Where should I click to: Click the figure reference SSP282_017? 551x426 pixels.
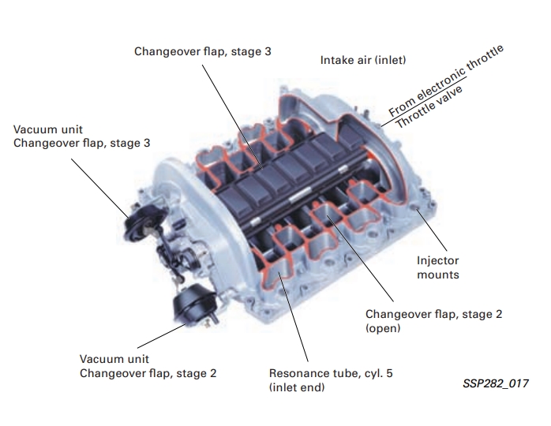coord(496,383)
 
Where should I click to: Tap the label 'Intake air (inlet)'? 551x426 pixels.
coord(363,60)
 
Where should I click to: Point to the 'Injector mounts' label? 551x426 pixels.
coord(438,267)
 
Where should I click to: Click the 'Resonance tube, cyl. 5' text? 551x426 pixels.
coord(331,373)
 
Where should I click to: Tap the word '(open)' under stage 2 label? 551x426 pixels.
coord(383,328)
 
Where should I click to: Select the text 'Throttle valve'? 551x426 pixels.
coord(429,107)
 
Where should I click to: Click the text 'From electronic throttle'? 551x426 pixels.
coord(445,80)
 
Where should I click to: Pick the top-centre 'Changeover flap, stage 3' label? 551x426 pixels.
coord(203,51)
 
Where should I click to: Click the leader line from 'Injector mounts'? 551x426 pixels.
coord(432,230)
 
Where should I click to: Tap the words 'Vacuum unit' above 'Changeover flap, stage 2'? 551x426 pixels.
coord(114,359)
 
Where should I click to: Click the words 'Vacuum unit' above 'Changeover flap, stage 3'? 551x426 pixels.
coord(48,129)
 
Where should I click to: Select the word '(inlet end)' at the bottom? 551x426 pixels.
coord(297,387)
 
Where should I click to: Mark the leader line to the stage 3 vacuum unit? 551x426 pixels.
coord(100,189)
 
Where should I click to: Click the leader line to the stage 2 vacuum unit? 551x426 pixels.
coord(162,336)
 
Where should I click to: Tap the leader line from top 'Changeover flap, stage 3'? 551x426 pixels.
coord(232,118)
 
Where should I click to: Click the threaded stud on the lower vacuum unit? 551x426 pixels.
coord(213,318)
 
